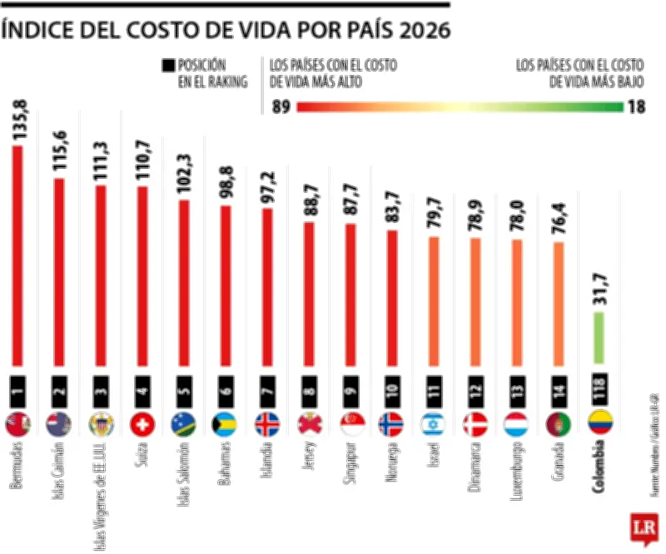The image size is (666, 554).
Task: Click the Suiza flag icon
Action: (x=143, y=424)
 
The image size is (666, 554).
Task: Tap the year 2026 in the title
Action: (x=420, y=32)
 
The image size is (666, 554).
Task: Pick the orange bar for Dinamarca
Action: (x=475, y=304)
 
